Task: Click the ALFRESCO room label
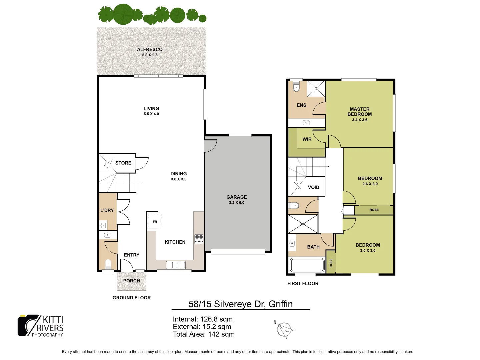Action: (150, 49)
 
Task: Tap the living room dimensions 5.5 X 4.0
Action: (151, 114)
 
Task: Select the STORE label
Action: (123, 163)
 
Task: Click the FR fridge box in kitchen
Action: (155, 222)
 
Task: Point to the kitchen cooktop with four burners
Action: (199, 239)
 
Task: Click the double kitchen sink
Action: (176, 265)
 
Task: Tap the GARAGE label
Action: (237, 197)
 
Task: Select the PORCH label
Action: (132, 281)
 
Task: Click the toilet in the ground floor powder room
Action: (108, 264)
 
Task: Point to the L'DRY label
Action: (107, 210)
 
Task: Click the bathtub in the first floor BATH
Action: (307, 265)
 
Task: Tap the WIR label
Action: (307, 139)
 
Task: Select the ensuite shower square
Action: (316, 89)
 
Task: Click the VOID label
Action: (313, 187)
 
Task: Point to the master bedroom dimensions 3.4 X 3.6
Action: (360, 120)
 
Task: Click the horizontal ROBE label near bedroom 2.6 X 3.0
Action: (374, 210)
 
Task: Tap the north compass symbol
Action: (285, 330)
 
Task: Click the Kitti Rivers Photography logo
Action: (41, 326)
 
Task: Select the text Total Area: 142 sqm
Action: (204, 334)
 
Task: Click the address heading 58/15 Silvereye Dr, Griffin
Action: (240, 304)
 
